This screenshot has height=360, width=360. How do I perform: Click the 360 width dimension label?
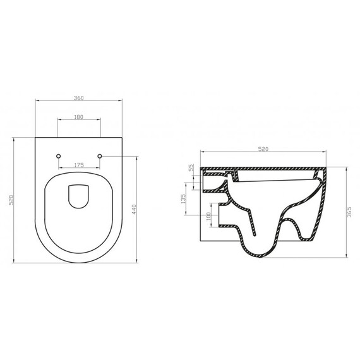point(79,98)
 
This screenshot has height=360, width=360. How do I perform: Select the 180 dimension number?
point(79,117)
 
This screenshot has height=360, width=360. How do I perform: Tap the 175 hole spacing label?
point(79,165)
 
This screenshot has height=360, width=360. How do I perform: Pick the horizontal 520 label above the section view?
point(265,149)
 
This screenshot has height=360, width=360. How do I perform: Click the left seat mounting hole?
point(58,155)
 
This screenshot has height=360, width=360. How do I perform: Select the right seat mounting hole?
point(100,155)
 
